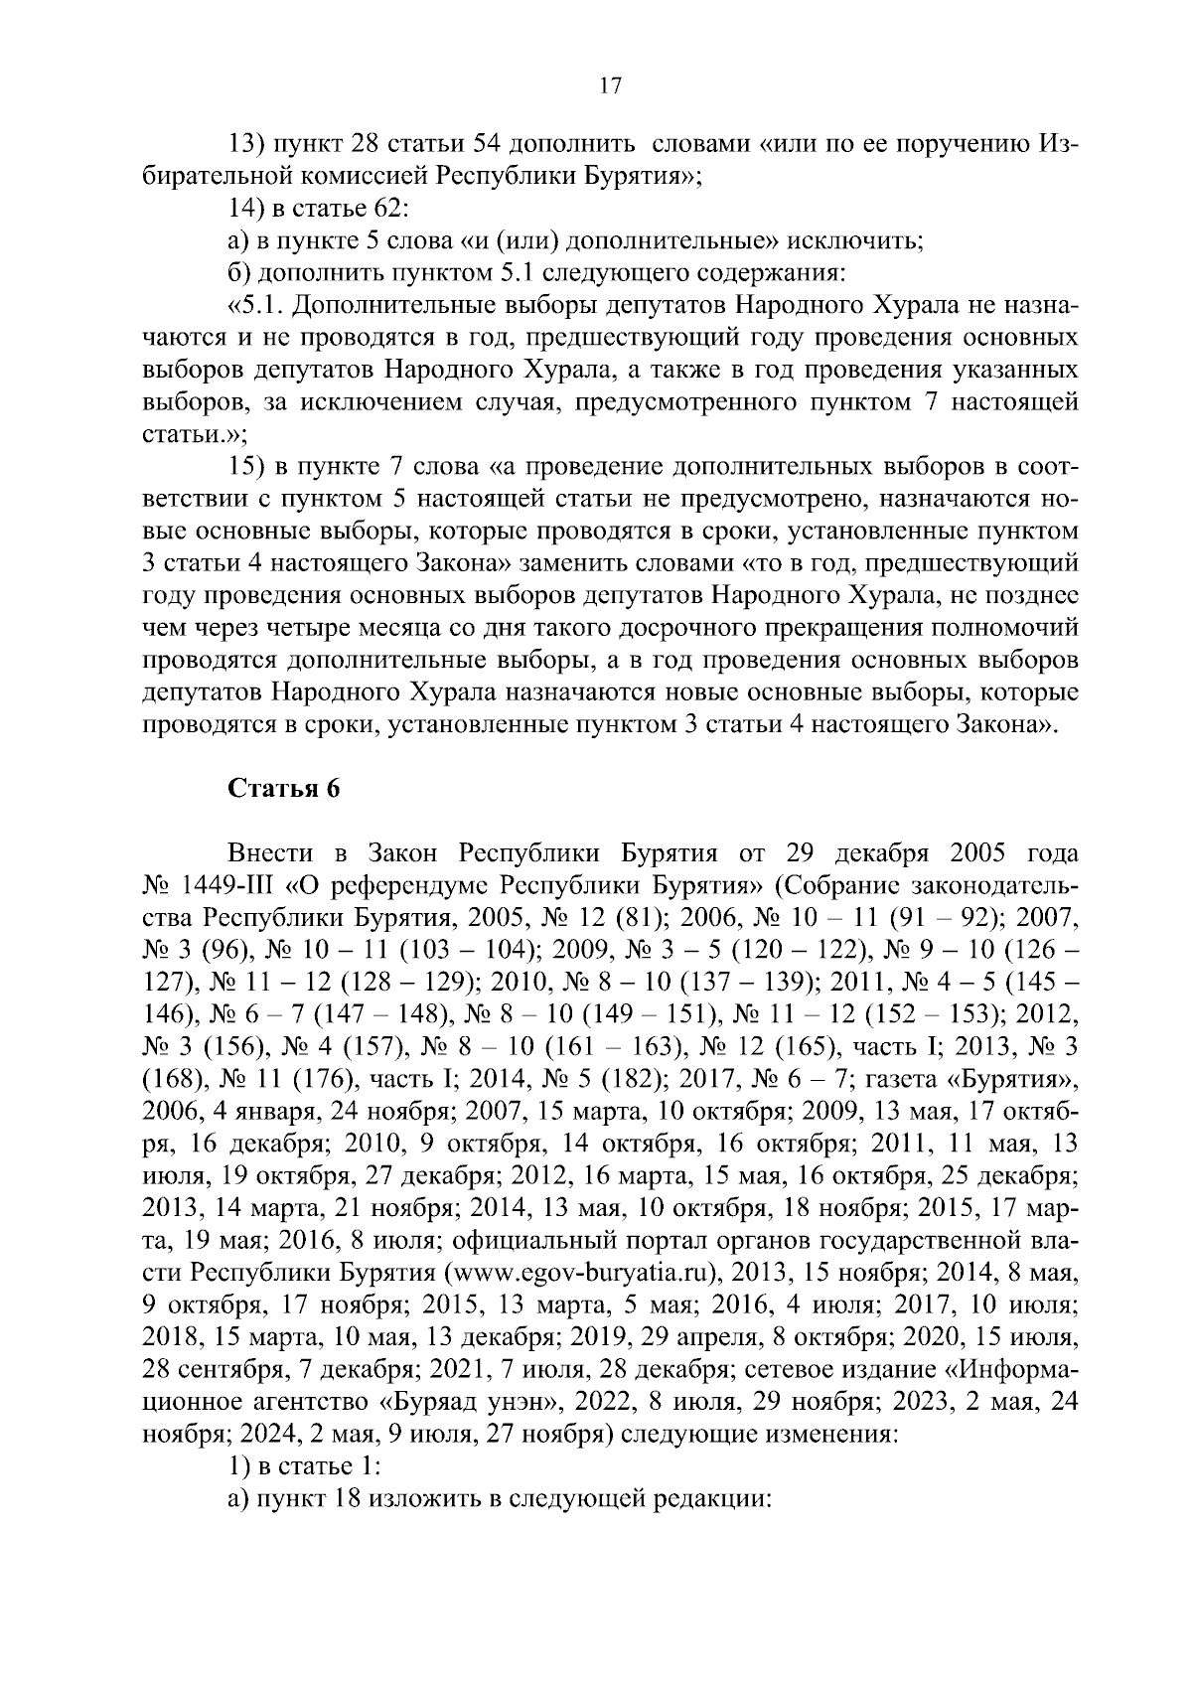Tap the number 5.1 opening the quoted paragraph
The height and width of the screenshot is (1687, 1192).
pyautogui.click(x=249, y=305)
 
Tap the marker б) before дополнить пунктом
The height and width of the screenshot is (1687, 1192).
pyautogui.click(x=237, y=273)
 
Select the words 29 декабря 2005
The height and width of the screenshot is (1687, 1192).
pyautogui.click(x=885, y=853)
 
